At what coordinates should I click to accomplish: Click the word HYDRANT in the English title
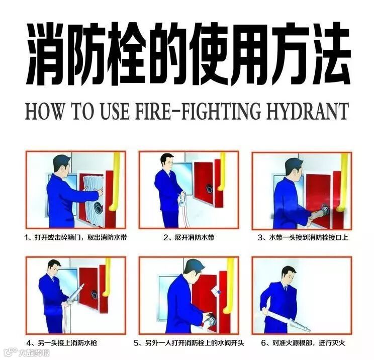pos(307,111)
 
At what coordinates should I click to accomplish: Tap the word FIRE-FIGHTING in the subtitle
pos(198,111)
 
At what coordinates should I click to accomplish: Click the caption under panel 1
pos(75,238)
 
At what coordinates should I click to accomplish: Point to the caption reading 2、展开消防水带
pos(189,238)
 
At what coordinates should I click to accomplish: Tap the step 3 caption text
pos(303,238)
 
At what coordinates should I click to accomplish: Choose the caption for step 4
pos(61,343)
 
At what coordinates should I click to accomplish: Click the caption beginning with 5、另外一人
pos(189,343)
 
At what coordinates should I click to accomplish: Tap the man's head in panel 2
pos(167,161)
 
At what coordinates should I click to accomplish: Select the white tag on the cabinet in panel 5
pos(217,291)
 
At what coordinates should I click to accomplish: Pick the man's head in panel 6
pos(290,275)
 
